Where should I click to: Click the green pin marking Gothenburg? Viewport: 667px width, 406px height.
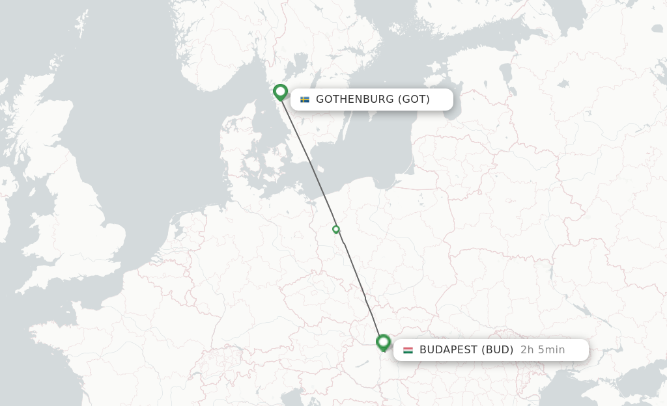point(281,92)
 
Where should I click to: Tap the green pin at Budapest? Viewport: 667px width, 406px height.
point(383,342)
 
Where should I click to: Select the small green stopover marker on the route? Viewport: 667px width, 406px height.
point(336,229)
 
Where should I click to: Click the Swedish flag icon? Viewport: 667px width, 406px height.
point(304,100)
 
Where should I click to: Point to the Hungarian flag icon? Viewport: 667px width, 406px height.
point(408,350)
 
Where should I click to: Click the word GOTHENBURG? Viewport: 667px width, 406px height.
point(355,100)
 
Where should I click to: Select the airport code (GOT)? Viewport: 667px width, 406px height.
point(414,100)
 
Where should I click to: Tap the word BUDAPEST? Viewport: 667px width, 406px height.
point(449,350)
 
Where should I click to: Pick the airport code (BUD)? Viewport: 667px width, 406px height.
point(498,350)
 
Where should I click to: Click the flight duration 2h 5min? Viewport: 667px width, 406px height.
point(543,350)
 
